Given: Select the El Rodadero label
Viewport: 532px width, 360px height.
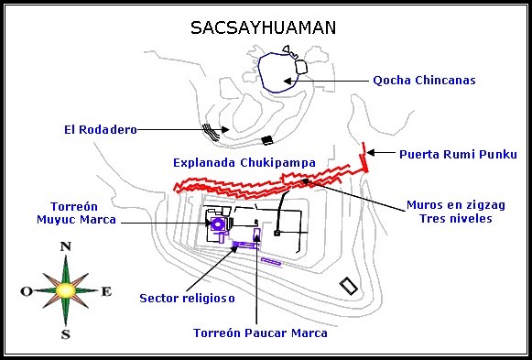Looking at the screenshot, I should [101, 130].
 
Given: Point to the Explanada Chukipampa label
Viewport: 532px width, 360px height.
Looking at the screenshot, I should [244, 162].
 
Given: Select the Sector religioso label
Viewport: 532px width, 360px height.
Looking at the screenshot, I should [187, 298].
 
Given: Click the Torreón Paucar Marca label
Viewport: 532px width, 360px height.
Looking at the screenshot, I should [260, 333].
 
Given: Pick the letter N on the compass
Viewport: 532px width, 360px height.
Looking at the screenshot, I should [65, 246].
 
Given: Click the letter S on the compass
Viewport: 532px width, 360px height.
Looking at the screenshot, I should [65, 334].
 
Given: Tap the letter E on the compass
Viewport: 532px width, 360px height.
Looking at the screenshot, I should [106, 291].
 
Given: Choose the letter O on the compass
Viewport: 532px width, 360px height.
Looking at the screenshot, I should [25, 291].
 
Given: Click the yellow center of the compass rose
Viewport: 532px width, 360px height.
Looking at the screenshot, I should [65, 289].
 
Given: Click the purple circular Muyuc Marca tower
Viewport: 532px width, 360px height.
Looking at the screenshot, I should [218, 224].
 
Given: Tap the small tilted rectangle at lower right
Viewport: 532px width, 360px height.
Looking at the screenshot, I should [348, 286].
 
